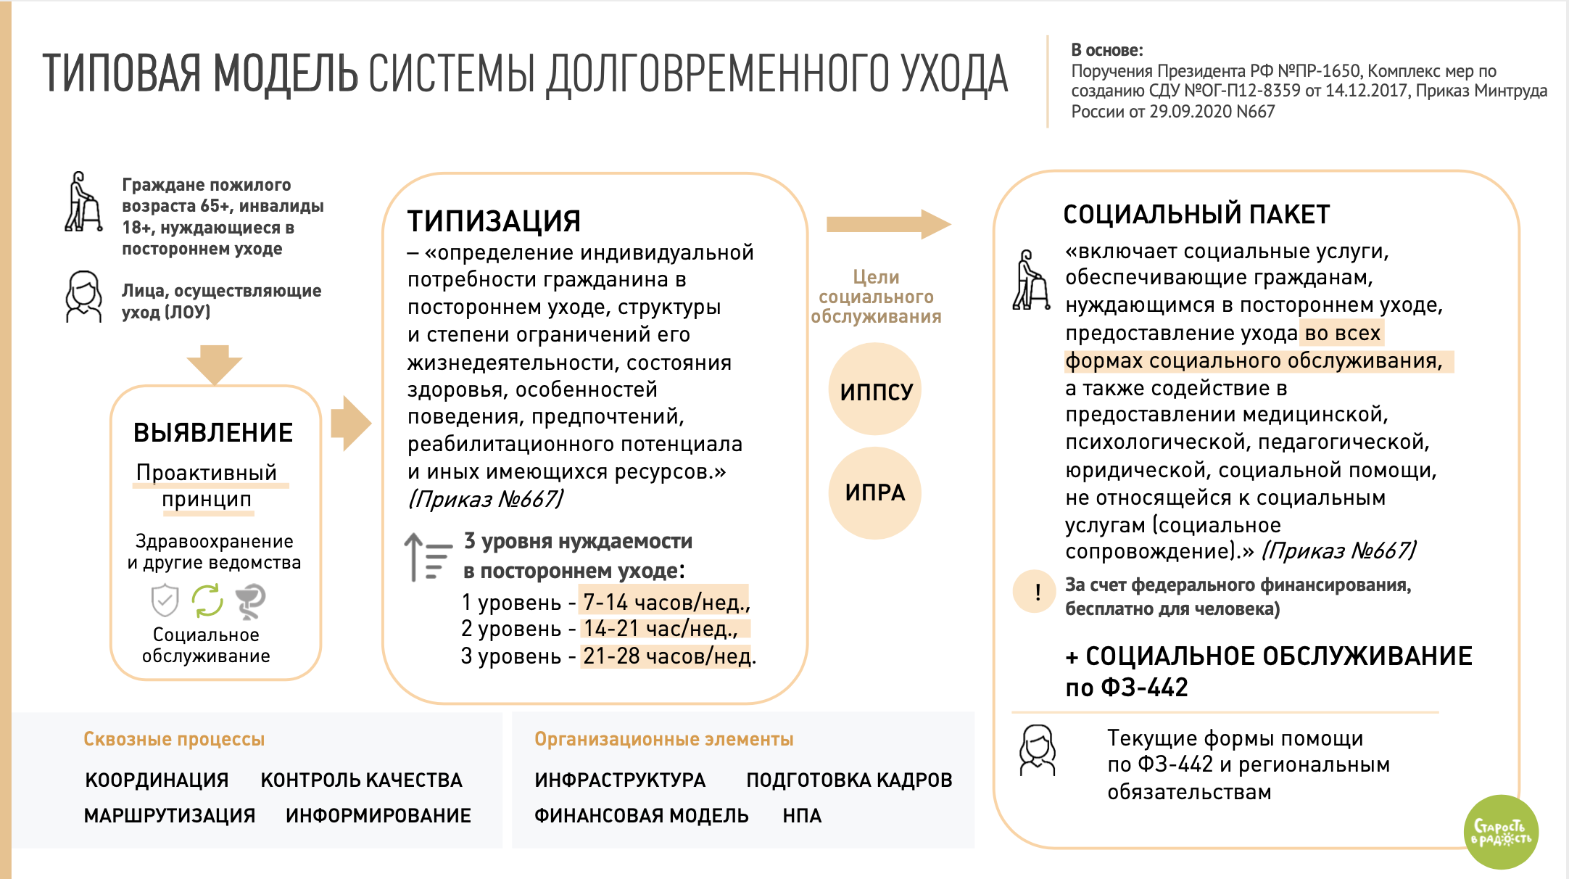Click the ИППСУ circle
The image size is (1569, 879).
(x=875, y=390)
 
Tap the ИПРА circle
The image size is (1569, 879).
(x=875, y=492)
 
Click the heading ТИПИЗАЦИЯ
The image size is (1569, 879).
(x=494, y=221)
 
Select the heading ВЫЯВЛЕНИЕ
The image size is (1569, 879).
(x=213, y=433)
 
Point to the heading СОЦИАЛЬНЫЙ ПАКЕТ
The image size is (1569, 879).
(x=1196, y=215)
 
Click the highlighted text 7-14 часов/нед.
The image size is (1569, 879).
(x=665, y=602)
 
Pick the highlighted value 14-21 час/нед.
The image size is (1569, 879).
(x=661, y=629)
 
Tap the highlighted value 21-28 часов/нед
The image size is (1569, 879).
(x=667, y=656)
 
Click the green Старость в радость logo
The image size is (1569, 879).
(x=1501, y=832)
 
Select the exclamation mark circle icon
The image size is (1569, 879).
(x=1035, y=592)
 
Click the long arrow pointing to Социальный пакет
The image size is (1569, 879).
(x=888, y=224)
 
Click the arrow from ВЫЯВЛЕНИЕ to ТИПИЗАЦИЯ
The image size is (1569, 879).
(x=351, y=424)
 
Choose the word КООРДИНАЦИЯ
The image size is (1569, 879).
(x=157, y=780)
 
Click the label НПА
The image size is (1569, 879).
(x=802, y=816)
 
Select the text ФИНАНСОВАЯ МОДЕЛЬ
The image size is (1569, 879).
(x=641, y=816)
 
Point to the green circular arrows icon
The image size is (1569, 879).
(x=207, y=601)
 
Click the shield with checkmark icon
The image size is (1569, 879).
(x=165, y=601)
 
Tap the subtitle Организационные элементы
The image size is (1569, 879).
(x=663, y=739)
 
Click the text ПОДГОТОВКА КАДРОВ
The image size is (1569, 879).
(x=849, y=780)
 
